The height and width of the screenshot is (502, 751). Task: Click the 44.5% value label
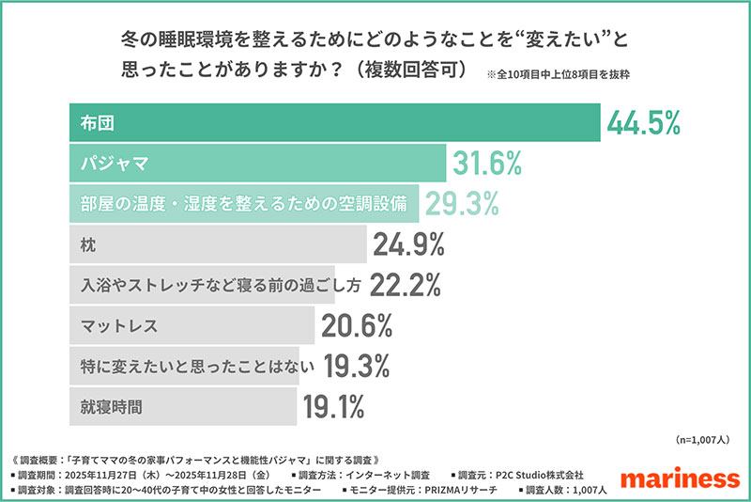click(643, 123)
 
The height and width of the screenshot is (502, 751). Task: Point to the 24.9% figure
click(408, 245)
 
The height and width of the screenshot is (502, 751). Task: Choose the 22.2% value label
click(405, 285)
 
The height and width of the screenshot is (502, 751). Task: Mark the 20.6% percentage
click(356, 326)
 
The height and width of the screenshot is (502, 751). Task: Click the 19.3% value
click(358, 366)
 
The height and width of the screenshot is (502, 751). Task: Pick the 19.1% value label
click(333, 407)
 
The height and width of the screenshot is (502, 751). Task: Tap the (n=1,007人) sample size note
click(706, 440)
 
